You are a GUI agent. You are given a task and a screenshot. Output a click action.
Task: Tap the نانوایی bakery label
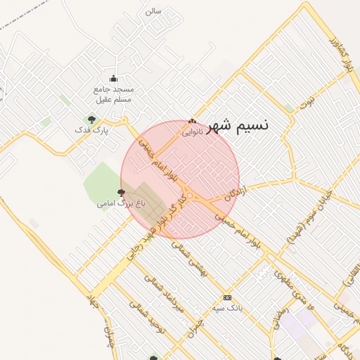193,131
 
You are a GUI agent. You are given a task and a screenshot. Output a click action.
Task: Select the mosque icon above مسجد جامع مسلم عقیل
114,78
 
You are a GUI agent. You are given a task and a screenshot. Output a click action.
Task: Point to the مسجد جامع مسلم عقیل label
114,95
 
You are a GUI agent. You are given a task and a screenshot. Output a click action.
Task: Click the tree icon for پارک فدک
91,120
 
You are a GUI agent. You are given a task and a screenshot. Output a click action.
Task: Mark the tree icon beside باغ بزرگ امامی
121,192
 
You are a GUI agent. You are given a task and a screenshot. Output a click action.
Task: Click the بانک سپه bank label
226,309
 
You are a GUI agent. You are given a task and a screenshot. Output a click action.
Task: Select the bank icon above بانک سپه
226,297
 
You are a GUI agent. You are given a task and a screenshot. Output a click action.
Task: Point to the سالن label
153,11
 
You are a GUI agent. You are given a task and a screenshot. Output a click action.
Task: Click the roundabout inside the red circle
190,195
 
